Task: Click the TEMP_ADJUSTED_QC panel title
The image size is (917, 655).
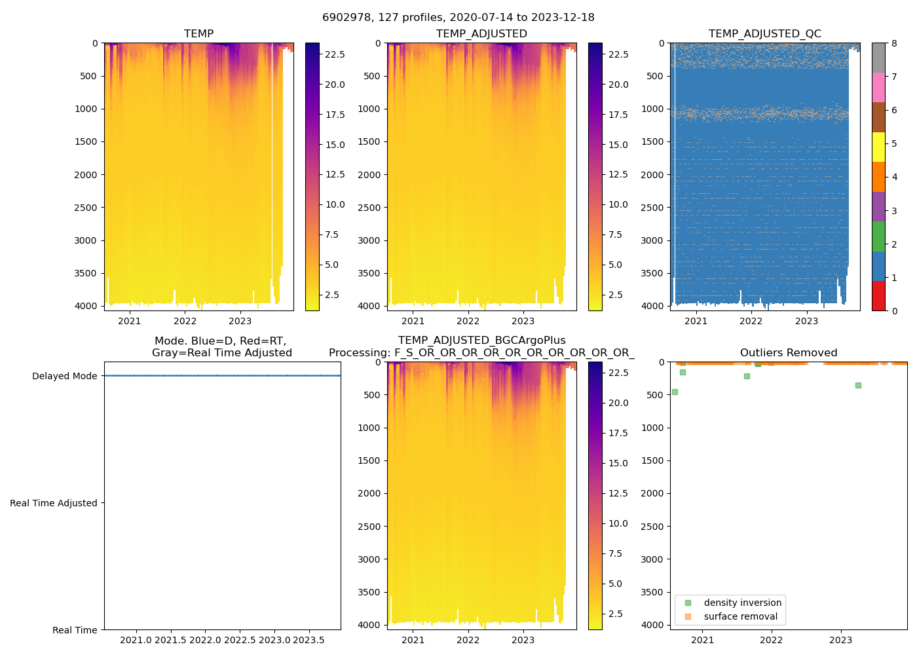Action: pos(764,34)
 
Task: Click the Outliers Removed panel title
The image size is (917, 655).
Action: pos(789,353)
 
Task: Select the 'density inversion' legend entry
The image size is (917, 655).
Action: pos(742,603)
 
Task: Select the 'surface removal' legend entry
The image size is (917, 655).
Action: pos(740,616)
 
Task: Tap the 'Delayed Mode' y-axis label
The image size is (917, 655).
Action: pos(64,376)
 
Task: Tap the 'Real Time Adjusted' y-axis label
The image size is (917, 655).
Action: pos(53,503)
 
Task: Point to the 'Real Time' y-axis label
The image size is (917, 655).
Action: pos(75,630)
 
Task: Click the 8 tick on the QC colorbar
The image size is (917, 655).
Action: pos(894,43)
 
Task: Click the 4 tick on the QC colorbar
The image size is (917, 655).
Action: pos(894,177)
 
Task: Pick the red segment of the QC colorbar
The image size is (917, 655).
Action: pos(878,296)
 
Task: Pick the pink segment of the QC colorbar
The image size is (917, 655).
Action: pos(878,87)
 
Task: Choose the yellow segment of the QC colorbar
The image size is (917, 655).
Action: pos(878,147)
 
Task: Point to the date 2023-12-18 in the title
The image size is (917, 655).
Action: pos(565,18)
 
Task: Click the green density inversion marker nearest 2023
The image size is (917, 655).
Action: pos(858,385)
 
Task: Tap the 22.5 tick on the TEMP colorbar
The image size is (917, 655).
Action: pos(335,54)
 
